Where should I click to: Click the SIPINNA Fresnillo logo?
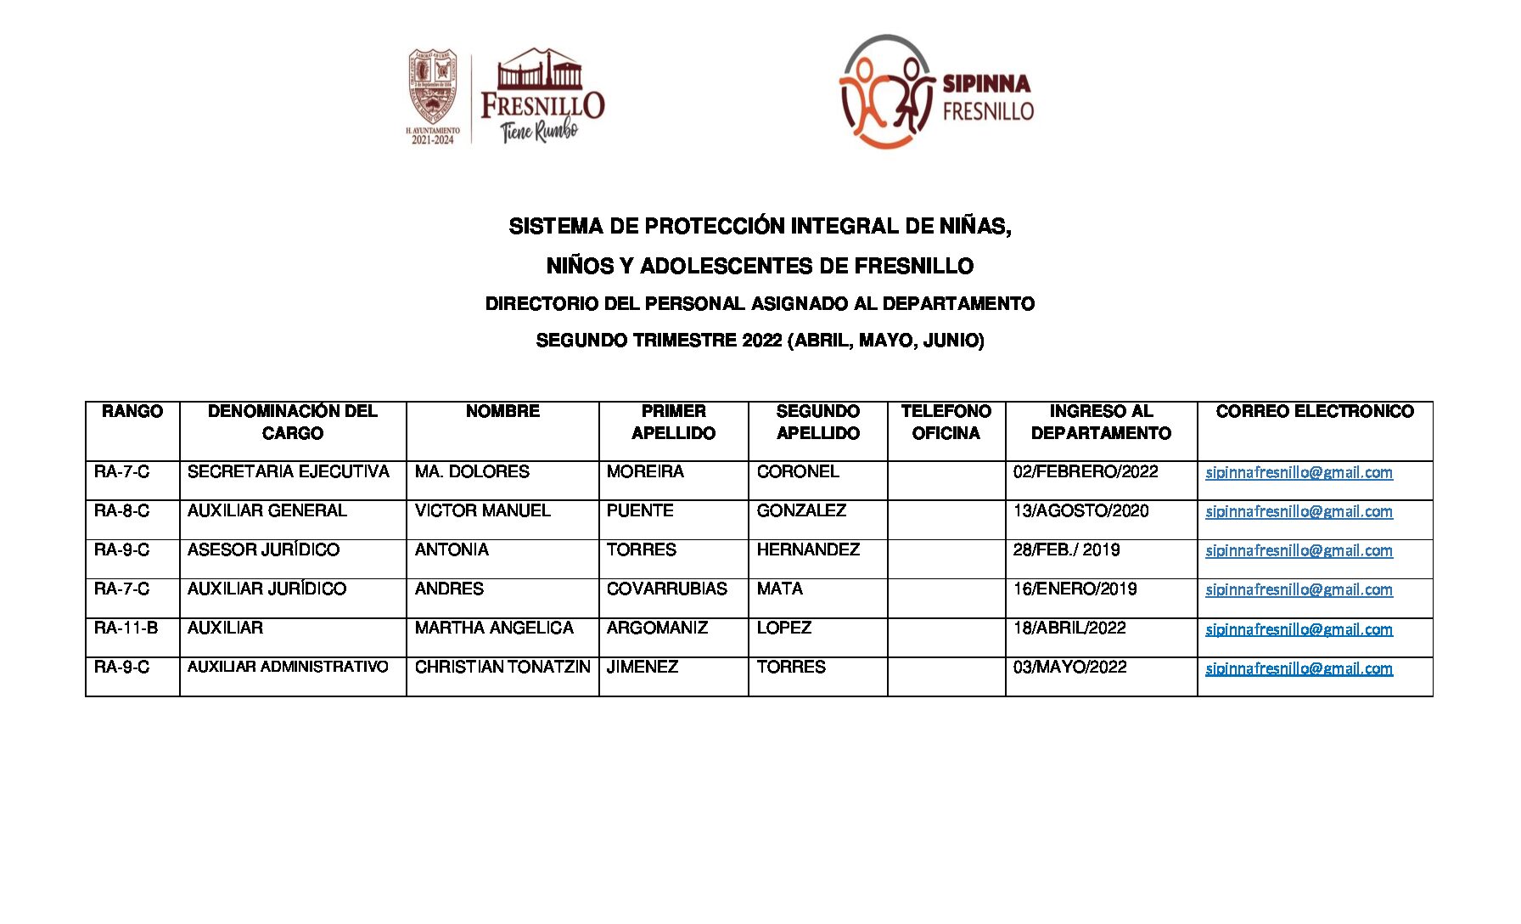pos(935,93)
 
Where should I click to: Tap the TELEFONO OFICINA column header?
pos(946,422)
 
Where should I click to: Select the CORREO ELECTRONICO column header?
pos(1314,412)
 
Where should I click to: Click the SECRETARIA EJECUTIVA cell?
pos(289,472)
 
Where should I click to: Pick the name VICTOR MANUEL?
pos(482,511)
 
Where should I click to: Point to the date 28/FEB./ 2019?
pos(1066,550)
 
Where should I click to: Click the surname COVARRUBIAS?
pos(666,589)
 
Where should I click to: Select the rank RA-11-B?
pos(126,628)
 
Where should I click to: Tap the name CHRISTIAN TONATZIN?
pos(502,668)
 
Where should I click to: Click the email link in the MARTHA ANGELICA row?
pos(1299,629)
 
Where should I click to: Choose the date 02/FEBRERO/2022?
pos(1085,472)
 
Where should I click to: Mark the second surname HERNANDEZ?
pos(808,550)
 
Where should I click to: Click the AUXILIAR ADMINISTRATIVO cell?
pos(288,668)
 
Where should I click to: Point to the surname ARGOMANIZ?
pos(657,628)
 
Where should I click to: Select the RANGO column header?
pos(132,412)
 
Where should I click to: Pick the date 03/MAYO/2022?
pos(1069,668)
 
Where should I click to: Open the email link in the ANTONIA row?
pos(1299,551)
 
